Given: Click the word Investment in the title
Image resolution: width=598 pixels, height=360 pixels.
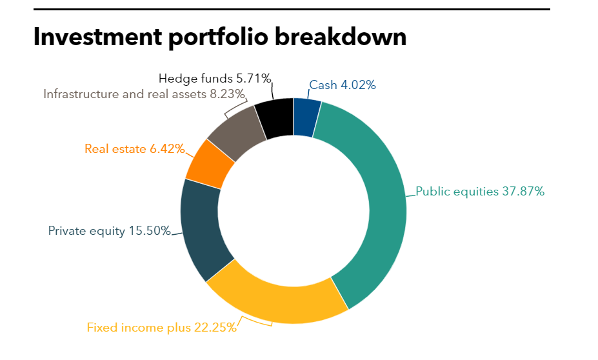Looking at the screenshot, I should (x=97, y=37).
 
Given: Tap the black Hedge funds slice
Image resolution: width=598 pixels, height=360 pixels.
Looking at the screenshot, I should (x=274, y=119).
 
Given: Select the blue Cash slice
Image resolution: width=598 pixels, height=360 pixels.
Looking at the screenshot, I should (x=306, y=117).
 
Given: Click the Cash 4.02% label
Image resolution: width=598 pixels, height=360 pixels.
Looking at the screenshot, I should (x=343, y=85).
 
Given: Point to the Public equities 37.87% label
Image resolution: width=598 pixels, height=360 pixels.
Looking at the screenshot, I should (x=480, y=192).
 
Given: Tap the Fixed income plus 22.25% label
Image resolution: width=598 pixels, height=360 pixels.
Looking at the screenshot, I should (x=162, y=327).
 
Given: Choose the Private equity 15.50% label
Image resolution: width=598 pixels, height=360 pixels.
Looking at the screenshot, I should (x=110, y=230).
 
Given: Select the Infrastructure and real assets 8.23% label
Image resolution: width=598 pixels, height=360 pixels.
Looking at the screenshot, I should (x=145, y=94).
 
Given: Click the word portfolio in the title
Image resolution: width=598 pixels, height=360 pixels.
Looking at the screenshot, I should (x=219, y=37).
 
